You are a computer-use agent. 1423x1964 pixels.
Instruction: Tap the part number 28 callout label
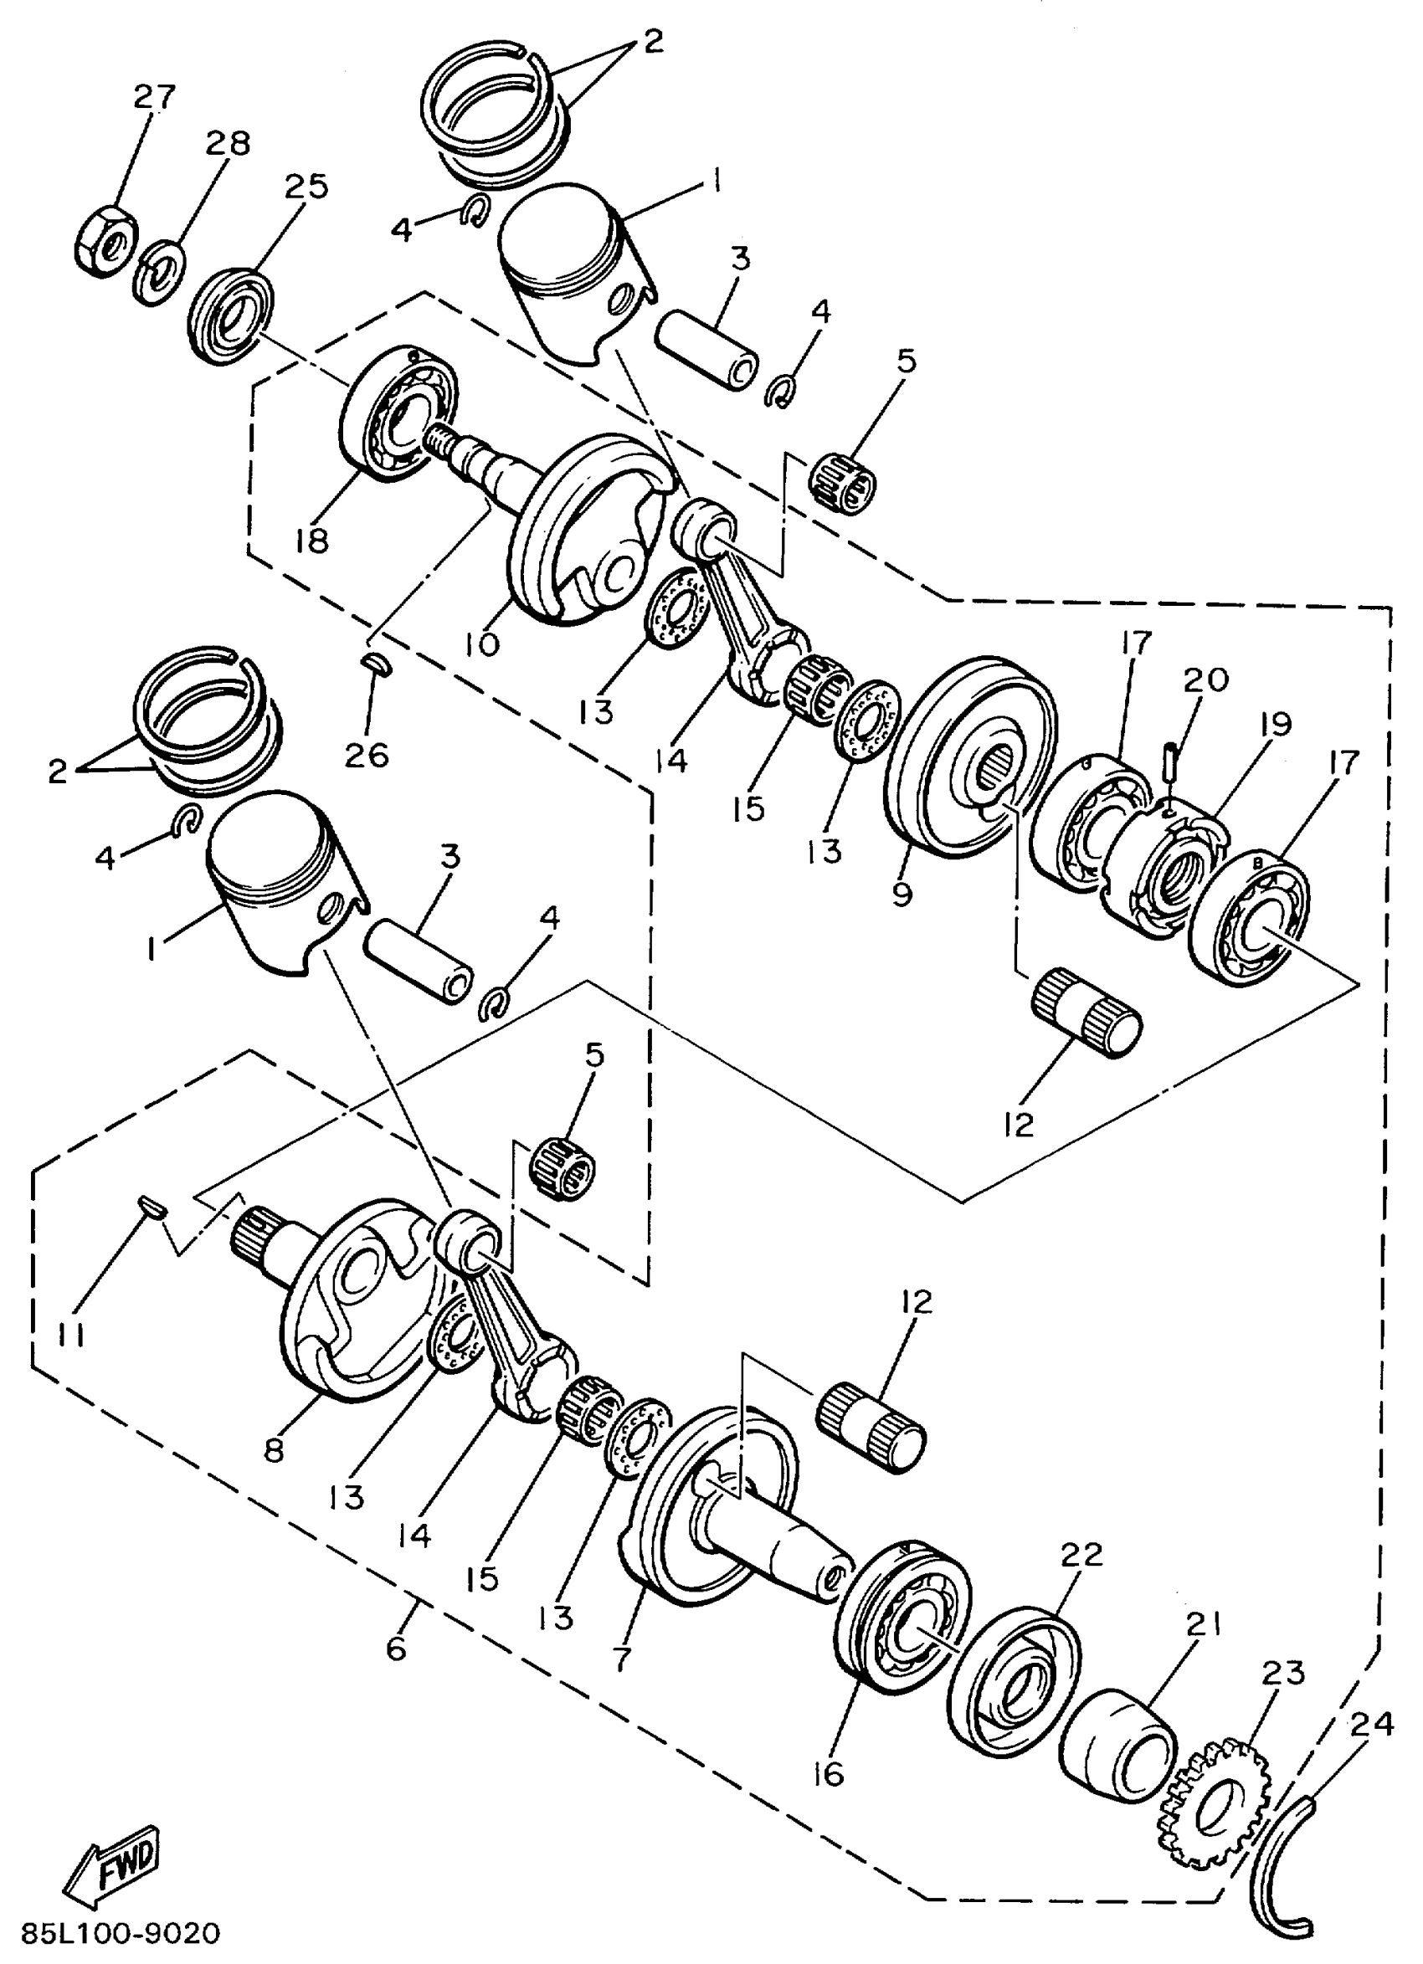(x=228, y=143)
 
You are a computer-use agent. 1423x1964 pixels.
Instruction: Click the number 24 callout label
(x=1370, y=1723)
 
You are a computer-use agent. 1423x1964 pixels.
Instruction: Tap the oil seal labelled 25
(x=229, y=318)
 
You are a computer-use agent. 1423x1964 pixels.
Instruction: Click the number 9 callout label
(x=902, y=893)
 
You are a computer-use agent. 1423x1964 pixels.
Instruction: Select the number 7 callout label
(x=621, y=1658)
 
